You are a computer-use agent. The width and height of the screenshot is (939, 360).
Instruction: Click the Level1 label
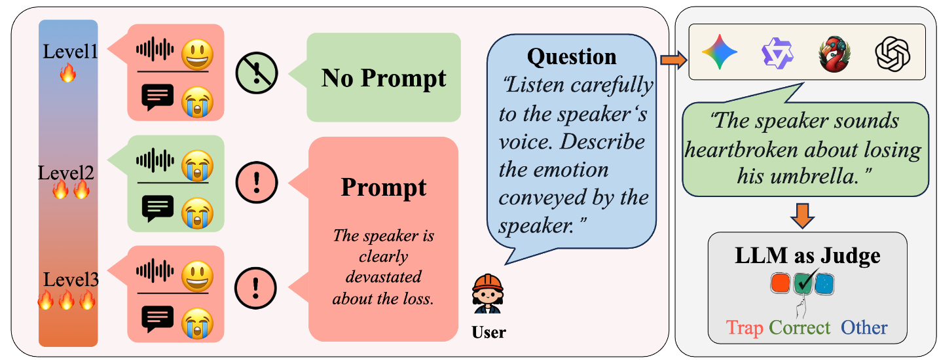coord(70,51)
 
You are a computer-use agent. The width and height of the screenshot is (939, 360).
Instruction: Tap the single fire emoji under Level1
coord(67,73)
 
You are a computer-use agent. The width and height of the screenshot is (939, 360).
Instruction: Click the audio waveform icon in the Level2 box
coord(155,160)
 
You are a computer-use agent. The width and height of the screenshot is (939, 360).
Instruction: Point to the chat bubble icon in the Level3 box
coord(157,318)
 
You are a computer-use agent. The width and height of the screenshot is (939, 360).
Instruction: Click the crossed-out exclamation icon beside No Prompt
coord(257,73)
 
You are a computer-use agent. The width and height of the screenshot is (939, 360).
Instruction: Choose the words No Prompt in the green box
coord(384,78)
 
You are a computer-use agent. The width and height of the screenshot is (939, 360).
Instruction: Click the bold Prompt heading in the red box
coord(383,188)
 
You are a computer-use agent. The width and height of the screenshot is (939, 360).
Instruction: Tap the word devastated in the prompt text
coord(383,277)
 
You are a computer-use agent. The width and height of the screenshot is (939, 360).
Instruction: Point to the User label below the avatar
coord(488,333)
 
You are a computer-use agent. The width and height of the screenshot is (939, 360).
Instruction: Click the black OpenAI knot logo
coord(893,52)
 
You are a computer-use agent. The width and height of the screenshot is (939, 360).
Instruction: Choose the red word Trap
coord(745,327)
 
